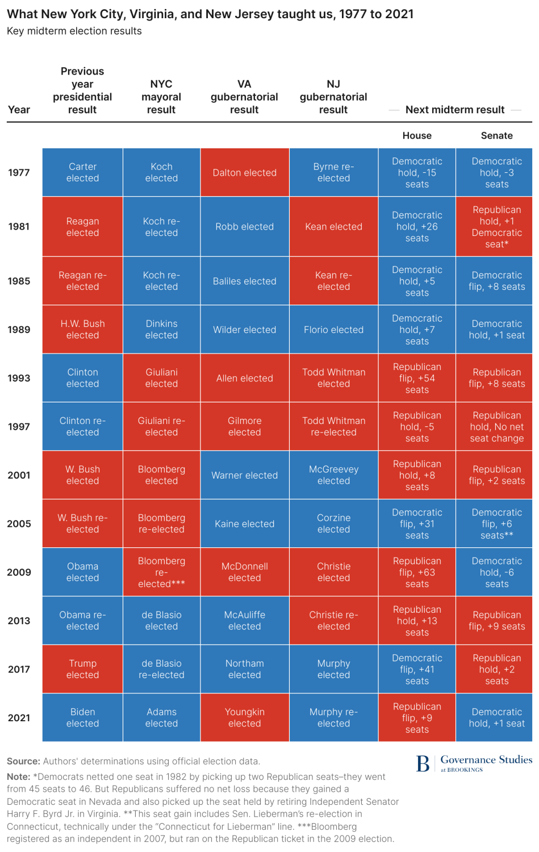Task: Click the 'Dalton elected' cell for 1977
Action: pyautogui.click(x=244, y=173)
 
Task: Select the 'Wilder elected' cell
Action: pyautogui.click(x=244, y=330)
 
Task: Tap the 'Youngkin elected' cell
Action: pyautogui.click(x=244, y=717)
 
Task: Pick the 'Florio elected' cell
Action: pyautogui.click(x=333, y=330)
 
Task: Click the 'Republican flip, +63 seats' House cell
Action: pyautogui.click(x=417, y=572)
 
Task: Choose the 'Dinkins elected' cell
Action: pyautogui.click(x=161, y=330)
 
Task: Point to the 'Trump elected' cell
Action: pyautogui.click(x=82, y=669)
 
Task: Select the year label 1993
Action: pyautogui.click(x=19, y=379)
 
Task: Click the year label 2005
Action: pyautogui.click(x=19, y=524)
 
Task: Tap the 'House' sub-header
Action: pyautogui.click(x=417, y=136)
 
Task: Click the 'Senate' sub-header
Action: pyautogui.click(x=496, y=136)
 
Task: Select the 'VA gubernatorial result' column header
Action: pyautogui.click(x=244, y=97)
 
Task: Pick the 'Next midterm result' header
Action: pyautogui.click(x=455, y=110)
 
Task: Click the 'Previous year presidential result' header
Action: pyautogui.click(x=82, y=91)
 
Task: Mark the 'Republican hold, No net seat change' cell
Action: pyautogui.click(x=496, y=427)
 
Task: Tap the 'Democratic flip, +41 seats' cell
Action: pyautogui.click(x=417, y=669)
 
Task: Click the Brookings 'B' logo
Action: pyautogui.click(x=423, y=764)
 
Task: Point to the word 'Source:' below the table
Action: pyautogui.click(x=23, y=762)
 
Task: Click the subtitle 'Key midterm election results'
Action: pyautogui.click(x=74, y=31)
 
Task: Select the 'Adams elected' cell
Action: pyautogui.click(x=161, y=717)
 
